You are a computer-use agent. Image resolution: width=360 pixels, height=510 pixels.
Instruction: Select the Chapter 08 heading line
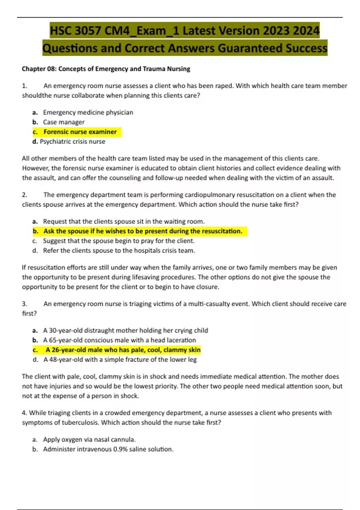(106, 69)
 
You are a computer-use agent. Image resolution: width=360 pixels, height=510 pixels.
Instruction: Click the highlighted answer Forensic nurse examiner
(80, 132)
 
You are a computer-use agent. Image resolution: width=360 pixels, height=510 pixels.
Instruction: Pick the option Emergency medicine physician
(88, 112)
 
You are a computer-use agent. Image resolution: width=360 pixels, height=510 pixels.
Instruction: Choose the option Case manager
(64, 122)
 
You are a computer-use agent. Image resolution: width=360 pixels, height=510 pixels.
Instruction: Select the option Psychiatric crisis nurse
(72, 142)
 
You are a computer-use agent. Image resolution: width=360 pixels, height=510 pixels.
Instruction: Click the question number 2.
(25, 195)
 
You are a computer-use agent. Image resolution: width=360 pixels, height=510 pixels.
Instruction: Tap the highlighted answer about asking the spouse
(142, 231)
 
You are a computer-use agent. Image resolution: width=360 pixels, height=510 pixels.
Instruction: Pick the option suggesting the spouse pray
(118, 241)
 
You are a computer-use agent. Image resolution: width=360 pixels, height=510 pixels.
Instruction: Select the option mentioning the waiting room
(124, 221)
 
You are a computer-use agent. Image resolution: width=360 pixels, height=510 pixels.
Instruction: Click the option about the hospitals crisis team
(119, 250)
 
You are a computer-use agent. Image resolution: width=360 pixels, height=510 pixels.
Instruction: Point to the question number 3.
(25, 304)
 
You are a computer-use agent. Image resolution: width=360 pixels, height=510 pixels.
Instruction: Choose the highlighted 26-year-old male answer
(123, 350)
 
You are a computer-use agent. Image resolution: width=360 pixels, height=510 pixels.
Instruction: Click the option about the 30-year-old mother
(125, 331)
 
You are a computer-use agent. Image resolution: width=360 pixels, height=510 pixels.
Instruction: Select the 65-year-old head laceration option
(119, 340)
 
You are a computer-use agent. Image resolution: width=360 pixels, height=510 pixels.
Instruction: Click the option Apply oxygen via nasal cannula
(89, 439)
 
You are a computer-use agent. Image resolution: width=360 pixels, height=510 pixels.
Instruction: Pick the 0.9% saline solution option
(108, 449)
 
